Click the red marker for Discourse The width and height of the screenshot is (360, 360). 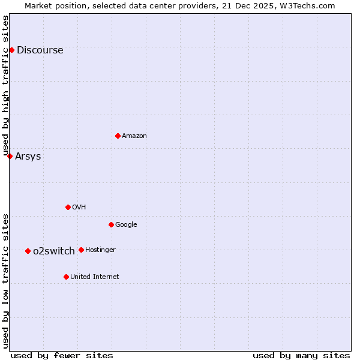11,50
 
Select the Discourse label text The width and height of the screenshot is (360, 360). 40,50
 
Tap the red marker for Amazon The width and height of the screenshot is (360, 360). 118,136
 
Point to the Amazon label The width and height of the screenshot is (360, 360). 134,136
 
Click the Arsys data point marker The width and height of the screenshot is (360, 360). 10,156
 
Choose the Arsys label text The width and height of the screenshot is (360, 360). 28,157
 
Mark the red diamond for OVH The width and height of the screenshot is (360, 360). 68,207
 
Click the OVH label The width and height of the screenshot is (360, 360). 79,208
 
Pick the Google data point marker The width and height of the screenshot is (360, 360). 111,224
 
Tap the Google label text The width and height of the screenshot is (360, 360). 126,225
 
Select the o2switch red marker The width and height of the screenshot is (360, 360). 28,251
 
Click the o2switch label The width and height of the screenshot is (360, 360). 54,251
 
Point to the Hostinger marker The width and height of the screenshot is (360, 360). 81,250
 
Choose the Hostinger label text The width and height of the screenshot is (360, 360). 100,250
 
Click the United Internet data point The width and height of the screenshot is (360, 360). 66,277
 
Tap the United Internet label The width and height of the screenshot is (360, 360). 94,277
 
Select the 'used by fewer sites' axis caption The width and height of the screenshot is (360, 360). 62,355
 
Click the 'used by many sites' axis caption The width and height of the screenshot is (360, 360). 301,355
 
